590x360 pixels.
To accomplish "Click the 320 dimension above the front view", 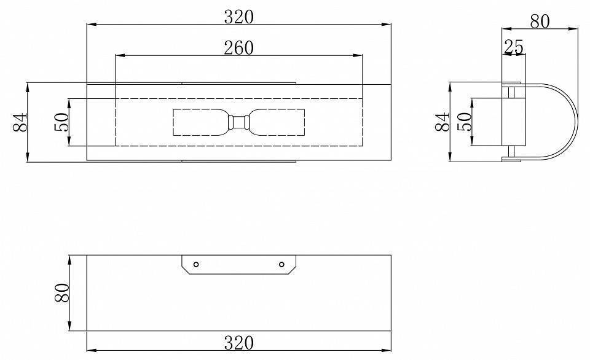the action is tap(239, 17).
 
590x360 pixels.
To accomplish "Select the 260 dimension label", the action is tap(239, 48).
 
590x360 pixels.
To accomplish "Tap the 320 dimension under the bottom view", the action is tap(239, 343).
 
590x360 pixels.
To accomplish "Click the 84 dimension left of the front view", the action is tap(20, 122).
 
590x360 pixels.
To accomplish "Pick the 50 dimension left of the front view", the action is tap(61, 122).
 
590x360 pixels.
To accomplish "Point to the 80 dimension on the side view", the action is tap(540, 22).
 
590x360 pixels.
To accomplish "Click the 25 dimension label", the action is tap(514, 47).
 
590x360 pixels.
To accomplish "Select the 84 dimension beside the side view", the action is tap(442, 122).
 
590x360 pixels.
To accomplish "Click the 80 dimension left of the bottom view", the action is tap(61, 292).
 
